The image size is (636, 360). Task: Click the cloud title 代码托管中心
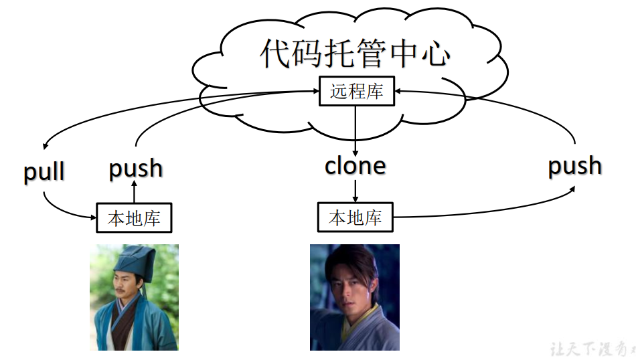tap(354, 54)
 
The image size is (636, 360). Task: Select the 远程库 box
tap(356, 91)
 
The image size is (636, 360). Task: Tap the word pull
tap(44, 172)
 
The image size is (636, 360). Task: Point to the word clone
tap(355, 165)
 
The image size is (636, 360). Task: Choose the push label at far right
tap(575, 165)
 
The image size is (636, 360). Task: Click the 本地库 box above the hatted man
tap(134, 217)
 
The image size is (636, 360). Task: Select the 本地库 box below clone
tap(355, 217)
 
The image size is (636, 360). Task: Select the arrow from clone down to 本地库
tap(355, 191)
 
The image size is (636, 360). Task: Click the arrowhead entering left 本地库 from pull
tap(92, 217)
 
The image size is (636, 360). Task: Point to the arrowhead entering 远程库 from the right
tap(400, 91)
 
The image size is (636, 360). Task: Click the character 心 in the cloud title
tap(436, 54)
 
